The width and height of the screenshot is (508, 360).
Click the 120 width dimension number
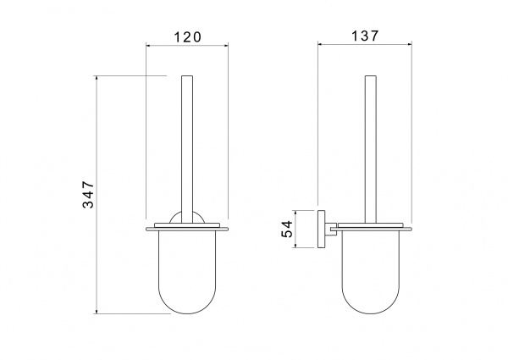point(188,37)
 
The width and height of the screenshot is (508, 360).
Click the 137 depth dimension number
point(365,36)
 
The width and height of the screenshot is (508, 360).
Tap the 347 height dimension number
point(88,195)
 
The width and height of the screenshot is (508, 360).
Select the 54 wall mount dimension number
point(287,229)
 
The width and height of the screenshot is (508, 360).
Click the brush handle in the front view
point(187,149)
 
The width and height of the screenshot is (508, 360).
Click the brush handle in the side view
point(371,149)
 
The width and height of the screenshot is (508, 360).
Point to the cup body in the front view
point(187,272)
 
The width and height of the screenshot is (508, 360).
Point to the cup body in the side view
point(371,272)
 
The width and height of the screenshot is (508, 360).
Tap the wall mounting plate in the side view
point(322,229)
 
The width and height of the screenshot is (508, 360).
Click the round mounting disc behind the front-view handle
point(173,217)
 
